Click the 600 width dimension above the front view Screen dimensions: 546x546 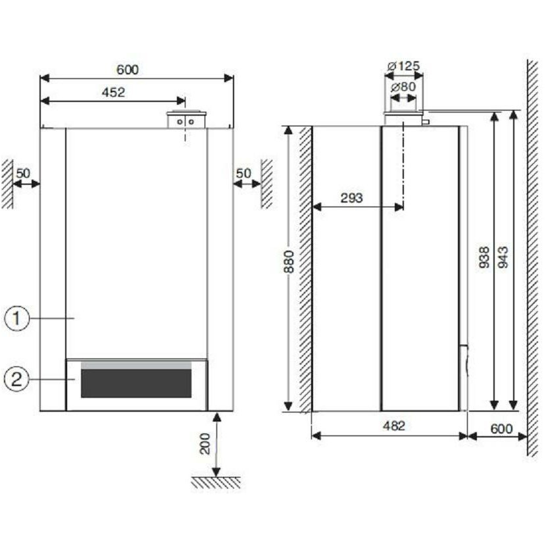128,70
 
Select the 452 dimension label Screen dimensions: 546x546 113,92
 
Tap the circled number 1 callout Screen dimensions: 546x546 16,318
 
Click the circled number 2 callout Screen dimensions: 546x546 16,379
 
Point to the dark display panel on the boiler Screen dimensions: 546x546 136,383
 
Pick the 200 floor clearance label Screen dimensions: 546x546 205,443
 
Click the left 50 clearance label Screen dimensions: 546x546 23,173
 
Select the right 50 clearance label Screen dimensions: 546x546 243,173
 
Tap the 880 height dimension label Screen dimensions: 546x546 289,262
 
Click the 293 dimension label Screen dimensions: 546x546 352,198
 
